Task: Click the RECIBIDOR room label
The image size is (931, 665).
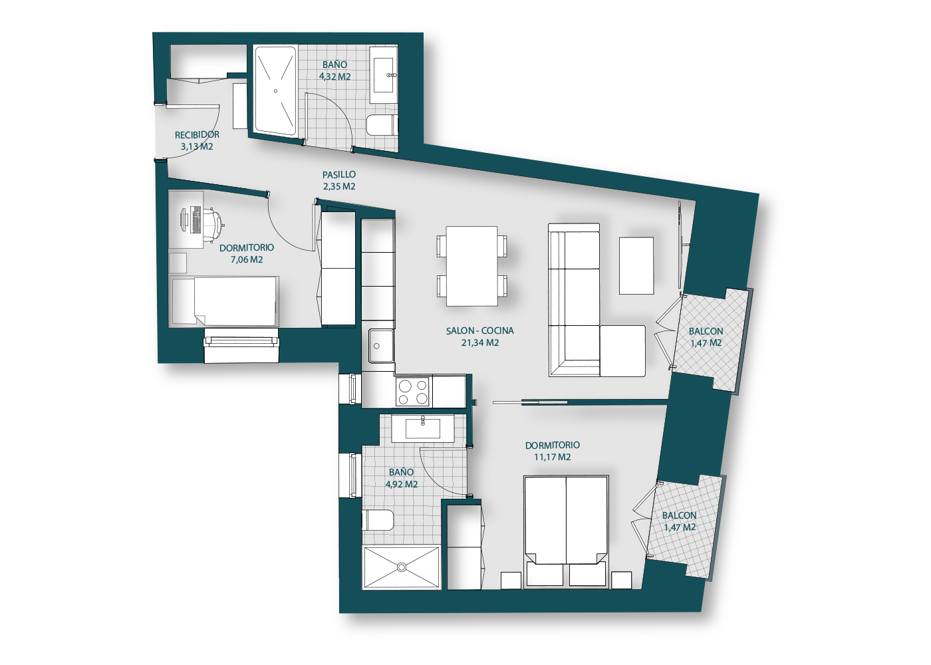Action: (197, 134)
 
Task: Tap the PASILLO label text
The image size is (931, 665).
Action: (339, 174)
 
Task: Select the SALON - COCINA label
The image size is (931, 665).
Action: (480, 331)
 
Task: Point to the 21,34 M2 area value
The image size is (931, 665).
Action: (480, 343)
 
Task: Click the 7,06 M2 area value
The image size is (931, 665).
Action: (247, 260)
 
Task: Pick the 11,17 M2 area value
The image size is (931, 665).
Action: (553, 458)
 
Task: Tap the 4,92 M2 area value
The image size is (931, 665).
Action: (402, 484)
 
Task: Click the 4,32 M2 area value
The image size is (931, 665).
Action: (335, 76)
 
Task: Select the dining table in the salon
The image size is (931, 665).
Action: (471, 266)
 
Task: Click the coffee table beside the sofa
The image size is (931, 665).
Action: (636, 265)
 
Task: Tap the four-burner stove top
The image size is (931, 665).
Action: (414, 392)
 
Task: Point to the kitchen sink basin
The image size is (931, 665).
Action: (382, 346)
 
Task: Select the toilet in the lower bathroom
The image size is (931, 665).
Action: (378, 520)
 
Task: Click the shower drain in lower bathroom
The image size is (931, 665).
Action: (402, 567)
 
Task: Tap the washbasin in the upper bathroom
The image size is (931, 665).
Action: (385, 75)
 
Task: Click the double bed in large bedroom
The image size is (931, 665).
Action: (567, 531)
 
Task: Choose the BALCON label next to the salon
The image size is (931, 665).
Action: (706, 331)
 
